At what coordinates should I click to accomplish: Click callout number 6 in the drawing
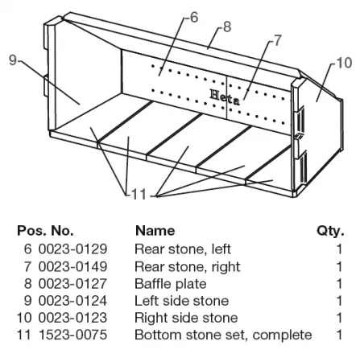pyautogui.click(x=194, y=18)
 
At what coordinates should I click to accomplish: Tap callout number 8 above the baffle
pyautogui.click(x=227, y=27)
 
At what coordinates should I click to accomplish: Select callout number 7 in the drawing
pyautogui.click(x=277, y=40)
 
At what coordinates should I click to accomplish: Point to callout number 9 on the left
pyautogui.click(x=13, y=60)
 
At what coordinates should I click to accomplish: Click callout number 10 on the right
pyautogui.click(x=344, y=64)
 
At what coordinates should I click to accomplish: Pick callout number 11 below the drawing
pyautogui.click(x=139, y=194)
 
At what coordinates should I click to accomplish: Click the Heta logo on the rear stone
pyautogui.click(x=225, y=97)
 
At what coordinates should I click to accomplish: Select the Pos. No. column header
pyautogui.click(x=45, y=231)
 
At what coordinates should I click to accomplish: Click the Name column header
pyautogui.click(x=155, y=231)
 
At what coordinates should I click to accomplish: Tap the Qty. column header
pyautogui.click(x=330, y=231)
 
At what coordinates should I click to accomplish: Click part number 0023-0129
pyautogui.click(x=72, y=249)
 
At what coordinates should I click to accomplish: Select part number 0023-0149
pyautogui.click(x=72, y=266)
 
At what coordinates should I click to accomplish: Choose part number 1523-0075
pyautogui.click(x=73, y=335)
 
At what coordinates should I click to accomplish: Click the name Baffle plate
pyautogui.click(x=171, y=284)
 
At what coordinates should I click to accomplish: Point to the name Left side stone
pyautogui.click(x=182, y=301)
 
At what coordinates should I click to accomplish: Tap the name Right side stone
pyautogui.click(x=186, y=318)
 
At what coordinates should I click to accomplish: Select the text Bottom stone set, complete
pyautogui.click(x=223, y=335)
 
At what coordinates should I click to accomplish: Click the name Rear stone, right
pyautogui.click(x=188, y=267)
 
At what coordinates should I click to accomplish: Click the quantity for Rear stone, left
pyautogui.click(x=340, y=249)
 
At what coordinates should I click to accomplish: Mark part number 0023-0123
pyautogui.click(x=72, y=318)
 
